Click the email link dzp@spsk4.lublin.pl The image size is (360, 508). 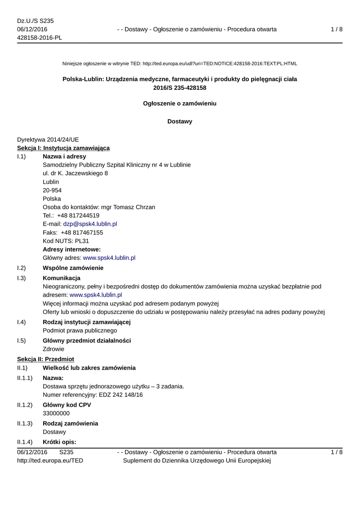pyautogui.click(x=90, y=224)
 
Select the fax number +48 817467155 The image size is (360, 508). pyautogui.click(x=82, y=233)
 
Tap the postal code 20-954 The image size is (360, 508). pyautogui.click(x=53, y=190)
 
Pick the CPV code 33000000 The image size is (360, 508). pyautogui.click(x=56, y=413)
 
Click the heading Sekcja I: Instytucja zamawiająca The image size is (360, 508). pyautogui.click(x=64, y=148)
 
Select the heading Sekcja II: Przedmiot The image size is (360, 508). pyautogui.click(x=46, y=359)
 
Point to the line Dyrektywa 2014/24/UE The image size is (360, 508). pyautogui.click(x=48, y=140)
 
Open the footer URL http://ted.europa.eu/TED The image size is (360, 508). pyautogui.click(x=50, y=461)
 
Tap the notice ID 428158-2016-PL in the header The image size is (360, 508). pyautogui.click(x=40, y=38)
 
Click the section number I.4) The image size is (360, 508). pyautogui.click(x=21, y=322)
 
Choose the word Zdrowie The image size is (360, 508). pyautogui.click(x=54, y=349)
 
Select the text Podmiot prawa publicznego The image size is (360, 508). pyautogui.click(x=80, y=330)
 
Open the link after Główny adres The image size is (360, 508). pyautogui.click(x=109, y=258)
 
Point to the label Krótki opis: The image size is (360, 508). pyautogui.click(x=60, y=442)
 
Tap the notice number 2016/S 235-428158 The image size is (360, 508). pyautogui.click(x=180, y=88)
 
